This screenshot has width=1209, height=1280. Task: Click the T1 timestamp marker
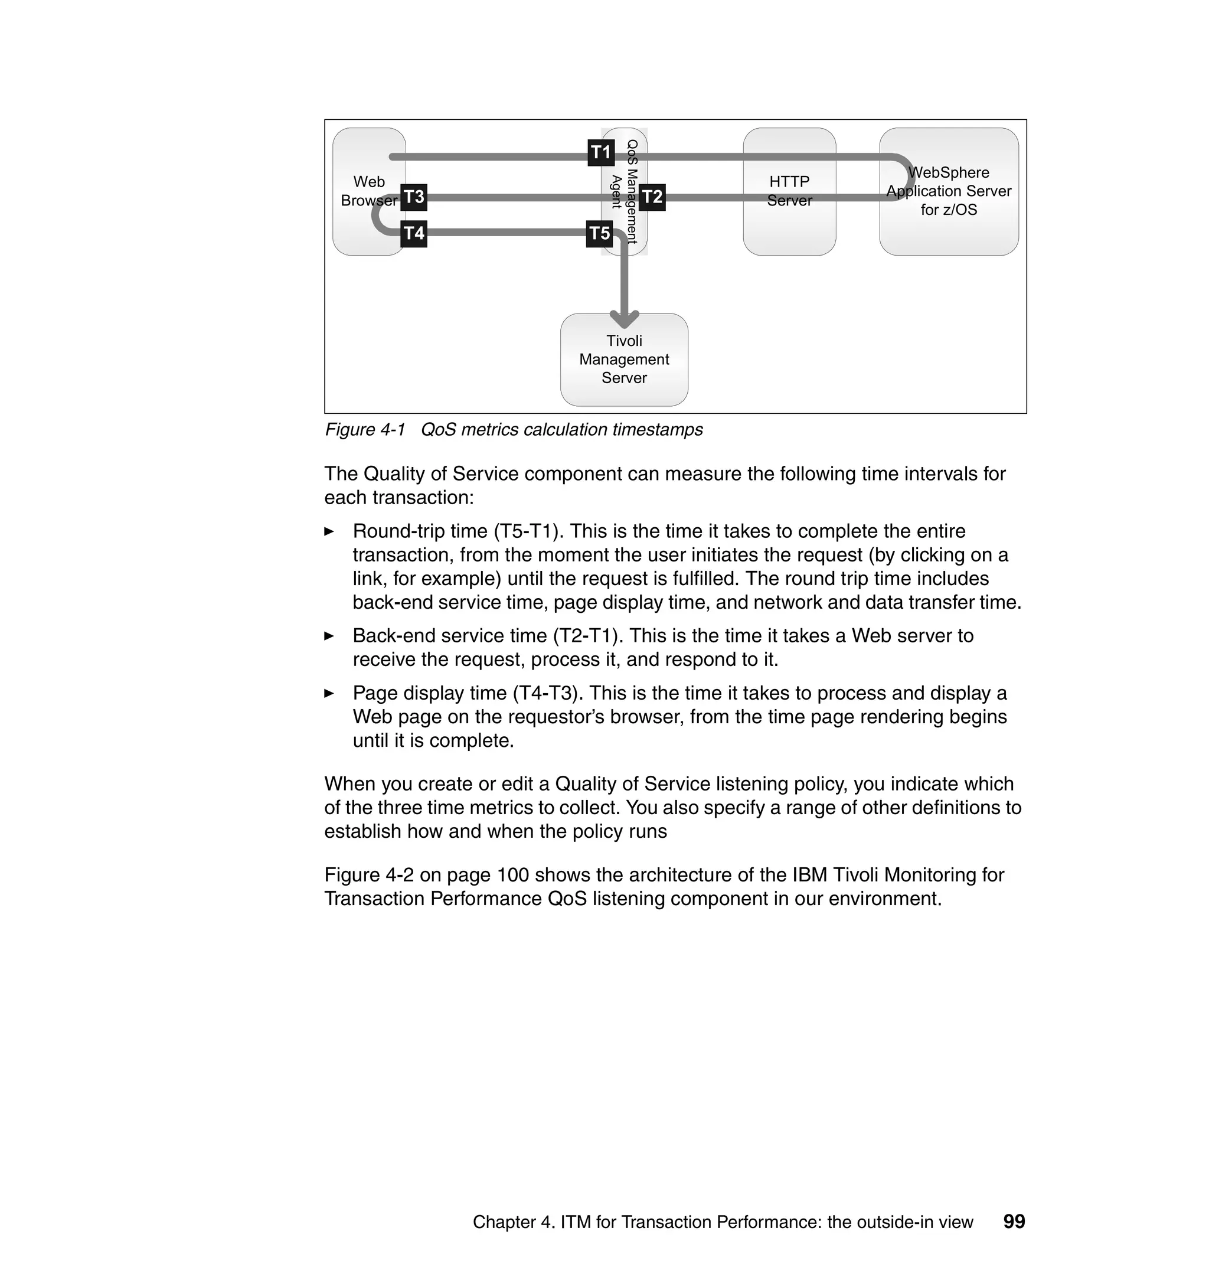[x=600, y=153]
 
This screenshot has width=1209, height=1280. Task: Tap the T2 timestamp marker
[x=652, y=197]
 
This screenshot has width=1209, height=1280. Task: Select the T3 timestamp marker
[x=414, y=197]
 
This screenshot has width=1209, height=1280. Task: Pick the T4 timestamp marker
[x=414, y=233]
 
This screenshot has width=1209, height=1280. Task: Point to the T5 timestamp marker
[x=599, y=233]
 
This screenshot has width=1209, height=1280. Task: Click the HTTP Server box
[x=789, y=191]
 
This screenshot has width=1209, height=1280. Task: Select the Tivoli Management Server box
[x=624, y=360]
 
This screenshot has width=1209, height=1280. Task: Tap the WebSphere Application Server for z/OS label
[x=948, y=191]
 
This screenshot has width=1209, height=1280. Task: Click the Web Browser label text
[x=368, y=191]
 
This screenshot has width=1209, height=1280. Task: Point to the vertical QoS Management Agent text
[x=625, y=191]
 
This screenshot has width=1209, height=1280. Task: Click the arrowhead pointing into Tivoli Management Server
[x=624, y=318]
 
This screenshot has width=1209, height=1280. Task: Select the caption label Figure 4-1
[x=365, y=430]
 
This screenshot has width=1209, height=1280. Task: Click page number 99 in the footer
[x=1014, y=1222]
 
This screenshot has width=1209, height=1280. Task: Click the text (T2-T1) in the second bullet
[x=588, y=635]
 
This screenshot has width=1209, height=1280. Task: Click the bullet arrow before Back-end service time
[x=329, y=636]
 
